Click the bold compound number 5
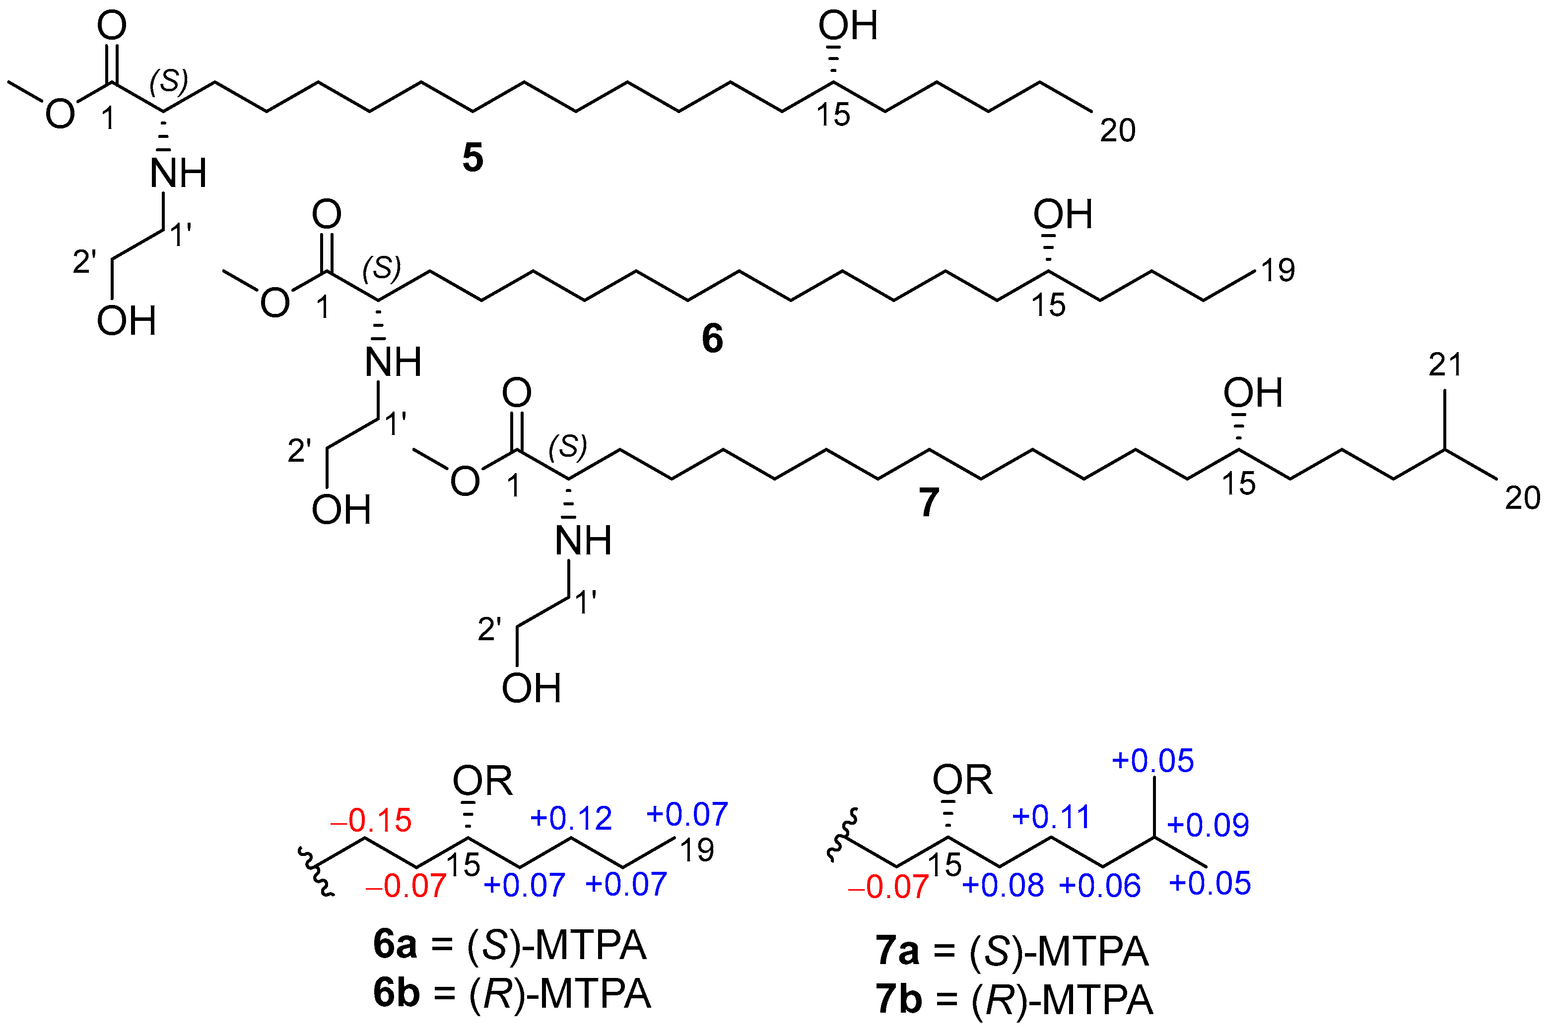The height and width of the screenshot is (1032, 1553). [472, 159]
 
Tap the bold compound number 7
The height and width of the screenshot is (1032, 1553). [929, 503]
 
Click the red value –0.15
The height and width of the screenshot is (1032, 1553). [371, 821]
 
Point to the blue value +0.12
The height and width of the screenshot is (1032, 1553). [571, 818]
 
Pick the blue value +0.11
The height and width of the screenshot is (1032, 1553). [1051, 817]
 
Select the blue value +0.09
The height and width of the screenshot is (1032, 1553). [1208, 825]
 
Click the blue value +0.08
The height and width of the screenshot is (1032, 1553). [1003, 886]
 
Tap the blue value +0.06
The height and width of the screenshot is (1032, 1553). [1100, 886]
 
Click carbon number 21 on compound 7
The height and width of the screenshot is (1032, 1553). [1445, 364]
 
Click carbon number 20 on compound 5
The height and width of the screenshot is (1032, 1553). [1118, 130]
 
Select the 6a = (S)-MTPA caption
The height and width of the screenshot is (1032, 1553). [510, 946]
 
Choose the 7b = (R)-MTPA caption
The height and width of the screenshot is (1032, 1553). [1014, 1000]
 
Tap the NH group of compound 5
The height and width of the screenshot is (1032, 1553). [178, 173]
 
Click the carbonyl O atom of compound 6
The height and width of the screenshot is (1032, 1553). [327, 215]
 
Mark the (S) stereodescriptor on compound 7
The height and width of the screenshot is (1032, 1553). [568, 446]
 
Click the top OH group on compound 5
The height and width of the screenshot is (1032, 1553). [848, 26]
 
